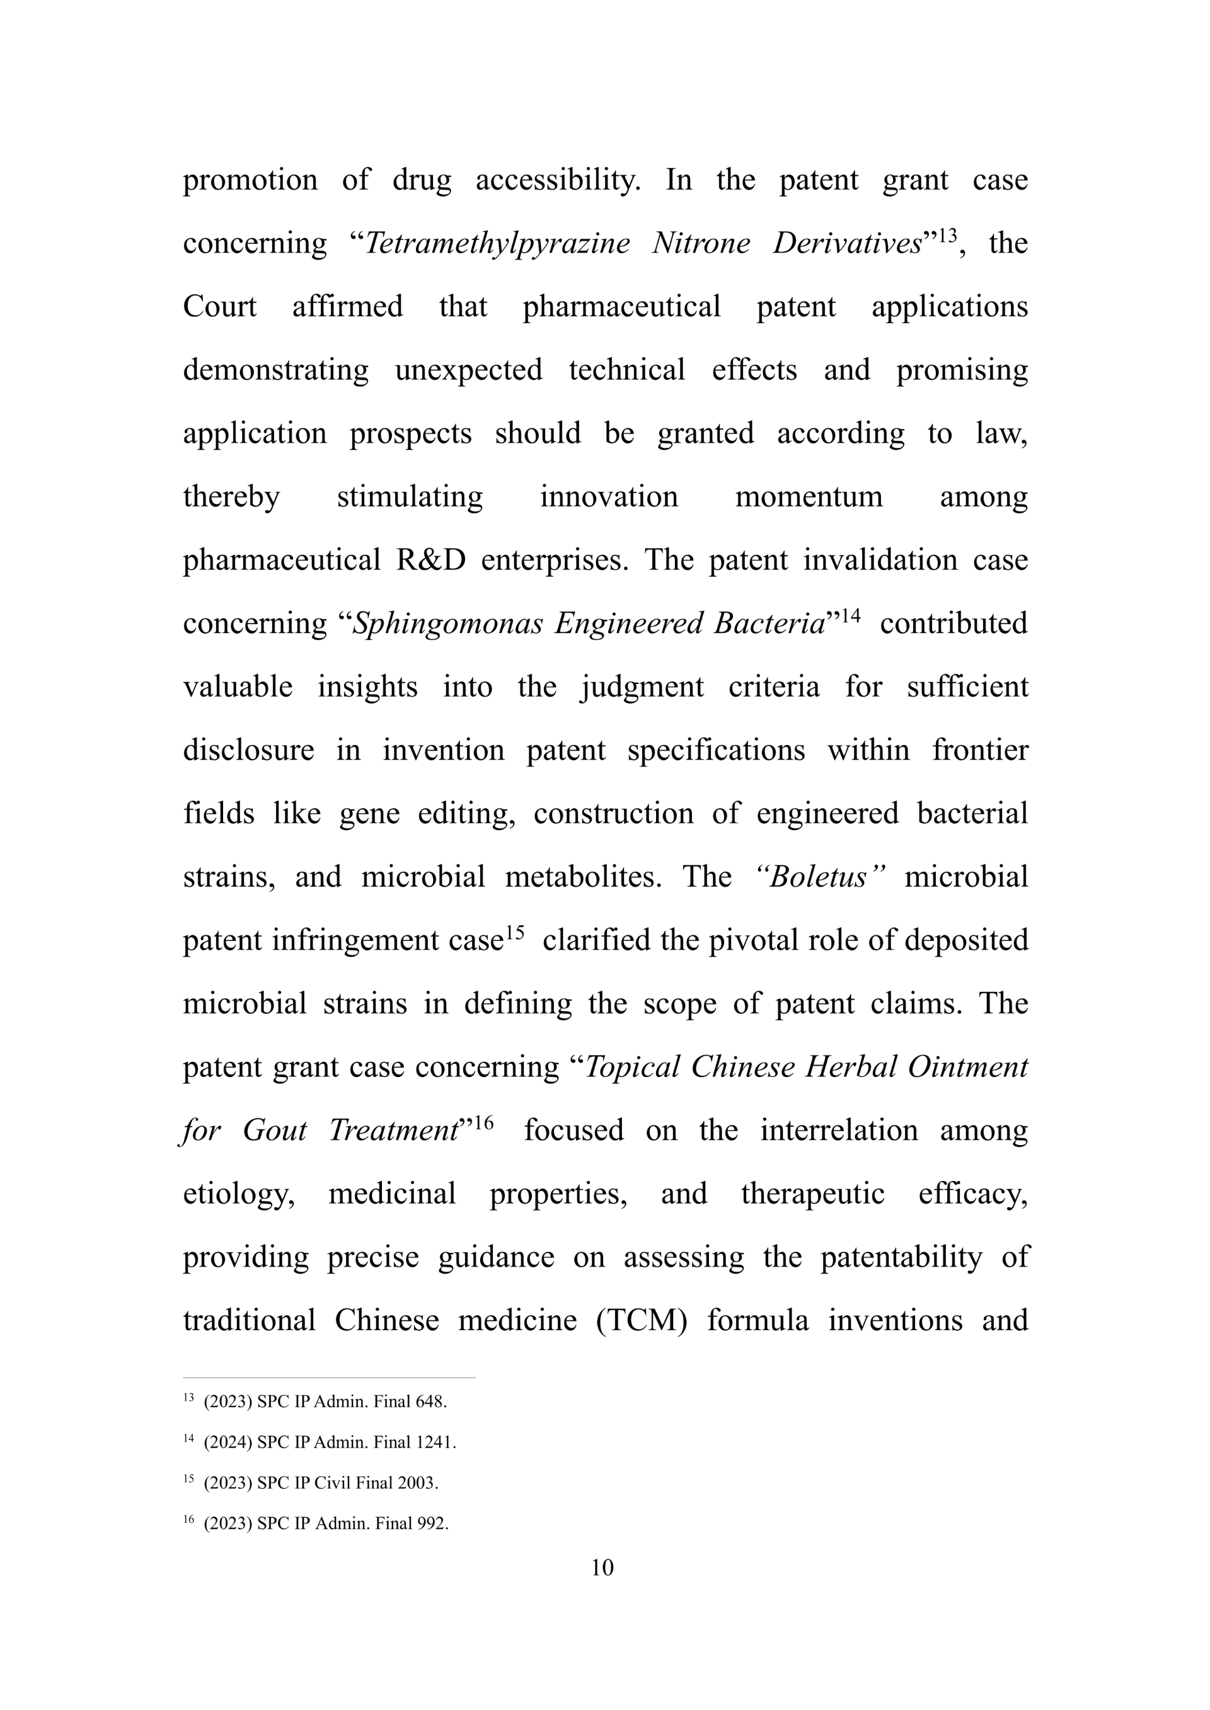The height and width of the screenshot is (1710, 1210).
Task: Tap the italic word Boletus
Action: point(818,877)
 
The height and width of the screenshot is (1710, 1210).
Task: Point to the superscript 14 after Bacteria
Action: point(850,616)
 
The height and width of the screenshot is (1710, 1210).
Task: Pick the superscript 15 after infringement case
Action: point(515,932)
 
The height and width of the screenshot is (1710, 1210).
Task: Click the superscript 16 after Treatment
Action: point(483,1122)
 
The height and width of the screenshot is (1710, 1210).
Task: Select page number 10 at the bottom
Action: point(602,1567)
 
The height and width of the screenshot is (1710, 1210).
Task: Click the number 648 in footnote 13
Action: point(430,1401)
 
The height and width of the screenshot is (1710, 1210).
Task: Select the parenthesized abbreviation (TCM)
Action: point(641,1321)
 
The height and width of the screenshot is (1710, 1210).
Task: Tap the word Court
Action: point(220,307)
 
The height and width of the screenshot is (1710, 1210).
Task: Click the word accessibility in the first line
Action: point(557,180)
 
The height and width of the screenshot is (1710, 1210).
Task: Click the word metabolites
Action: point(583,877)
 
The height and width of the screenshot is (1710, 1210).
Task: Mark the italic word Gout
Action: point(274,1131)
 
